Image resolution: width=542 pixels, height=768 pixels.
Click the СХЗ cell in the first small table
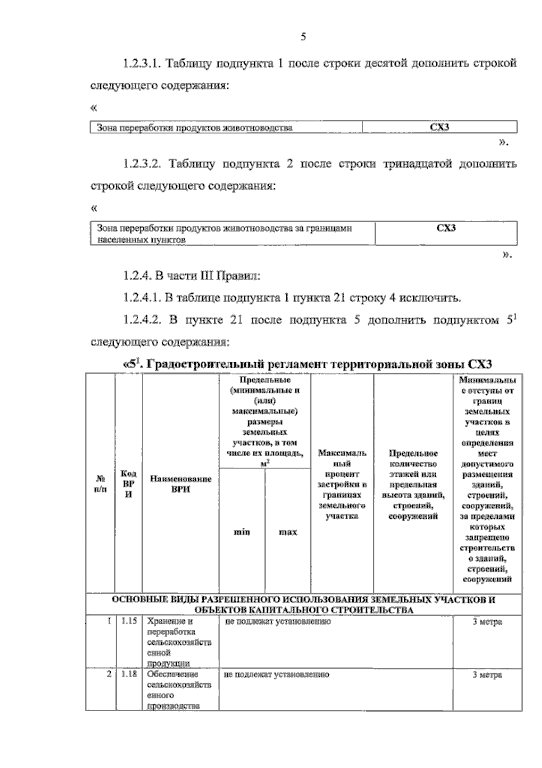(439, 127)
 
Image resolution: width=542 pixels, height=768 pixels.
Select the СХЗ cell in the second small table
(446, 228)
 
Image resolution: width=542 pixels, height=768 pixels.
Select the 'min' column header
(242, 532)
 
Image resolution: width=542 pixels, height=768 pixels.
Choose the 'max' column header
(288, 532)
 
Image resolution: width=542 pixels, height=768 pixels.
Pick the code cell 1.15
(129, 621)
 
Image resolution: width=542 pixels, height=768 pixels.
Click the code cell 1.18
(129, 674)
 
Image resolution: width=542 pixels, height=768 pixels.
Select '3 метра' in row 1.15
(487, 622)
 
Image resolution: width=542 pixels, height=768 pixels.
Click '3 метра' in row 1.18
(487, 675)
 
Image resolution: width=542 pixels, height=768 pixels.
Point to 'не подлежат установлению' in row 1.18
(276, 674)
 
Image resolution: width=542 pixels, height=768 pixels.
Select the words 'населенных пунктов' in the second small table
(141, 240)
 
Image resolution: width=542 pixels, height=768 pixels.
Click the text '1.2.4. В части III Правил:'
(192, 276)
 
